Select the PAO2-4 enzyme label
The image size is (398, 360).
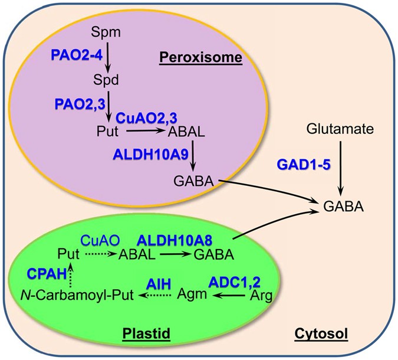pyautogui.click(x=73, y=54)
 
